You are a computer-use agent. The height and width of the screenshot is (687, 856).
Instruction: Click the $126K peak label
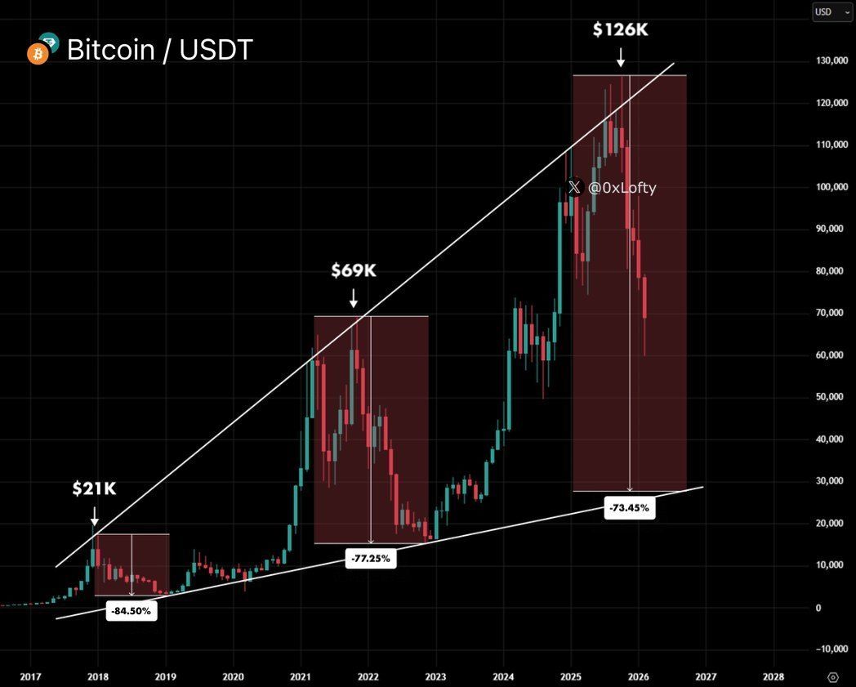(x=620, y=31)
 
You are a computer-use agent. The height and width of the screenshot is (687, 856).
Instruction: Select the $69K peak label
(x=354, y=270)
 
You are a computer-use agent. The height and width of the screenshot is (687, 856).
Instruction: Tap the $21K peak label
(x=94, y=488)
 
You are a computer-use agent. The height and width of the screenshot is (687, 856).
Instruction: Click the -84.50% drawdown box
(x=131, y=611)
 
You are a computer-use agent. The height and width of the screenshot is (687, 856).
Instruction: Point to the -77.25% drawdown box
(x=370, y=559)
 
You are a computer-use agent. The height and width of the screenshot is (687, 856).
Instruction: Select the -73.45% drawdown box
(x=629, y=507)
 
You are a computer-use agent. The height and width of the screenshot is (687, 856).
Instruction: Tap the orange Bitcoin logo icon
(x=37, y=54)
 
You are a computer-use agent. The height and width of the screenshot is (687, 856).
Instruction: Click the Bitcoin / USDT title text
(x=159, y=50)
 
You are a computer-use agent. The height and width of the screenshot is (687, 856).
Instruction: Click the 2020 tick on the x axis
(x=233, y=677)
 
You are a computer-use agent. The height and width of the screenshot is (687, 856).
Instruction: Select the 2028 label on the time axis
(x=773, y=677)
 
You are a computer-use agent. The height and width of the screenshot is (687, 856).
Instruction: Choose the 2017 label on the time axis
(x=30, y=677)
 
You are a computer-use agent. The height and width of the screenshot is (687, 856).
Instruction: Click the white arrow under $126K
(x=620, y=57)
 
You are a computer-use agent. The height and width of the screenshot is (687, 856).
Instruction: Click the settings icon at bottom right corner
(x=832, y=677)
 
